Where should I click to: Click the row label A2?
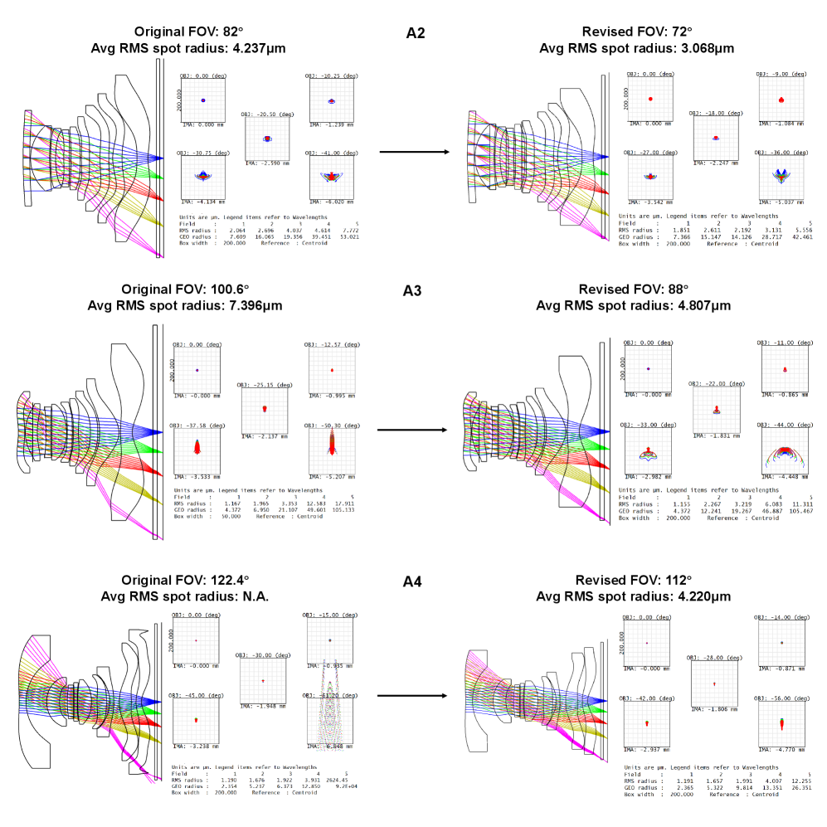click(x=415, y=33)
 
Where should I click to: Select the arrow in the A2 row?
click(x=414, y=153)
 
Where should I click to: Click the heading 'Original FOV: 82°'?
click(x=188, y=32)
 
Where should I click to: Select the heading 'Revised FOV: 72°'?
click(x=636, y=32)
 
